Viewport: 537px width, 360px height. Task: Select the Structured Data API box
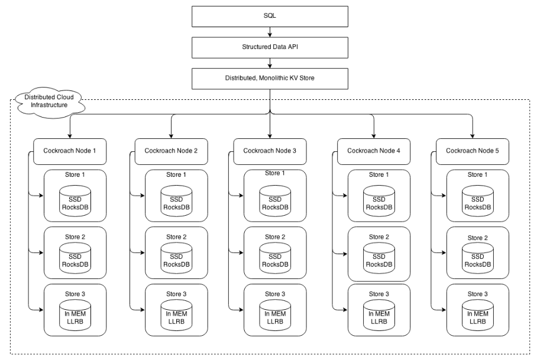coord(270,46)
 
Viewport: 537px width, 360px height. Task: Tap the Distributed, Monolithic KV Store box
coord(270,77)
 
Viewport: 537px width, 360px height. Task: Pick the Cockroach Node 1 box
coord(70,151)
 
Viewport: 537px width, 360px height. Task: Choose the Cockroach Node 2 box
coord(170,151)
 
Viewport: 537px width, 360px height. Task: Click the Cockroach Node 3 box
coord(270,151)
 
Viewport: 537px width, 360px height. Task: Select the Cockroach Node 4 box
coord(374,151)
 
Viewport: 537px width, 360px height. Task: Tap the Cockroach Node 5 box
coord(472,151)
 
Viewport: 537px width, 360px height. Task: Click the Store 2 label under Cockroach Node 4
coord(379,237)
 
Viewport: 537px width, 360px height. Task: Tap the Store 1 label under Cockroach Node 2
coord(176,174)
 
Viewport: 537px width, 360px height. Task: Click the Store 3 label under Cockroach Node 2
coord(176,294)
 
